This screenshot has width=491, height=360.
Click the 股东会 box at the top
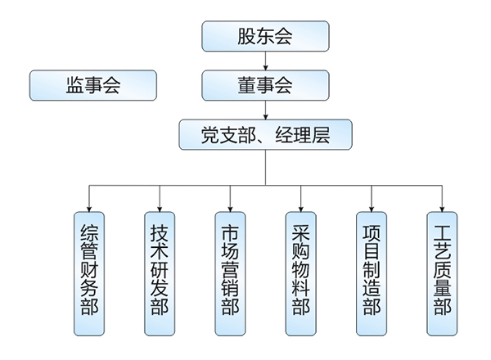pos(265,36)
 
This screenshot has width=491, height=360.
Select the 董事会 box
pos(265,85)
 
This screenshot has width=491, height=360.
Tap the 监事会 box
pos(92,85)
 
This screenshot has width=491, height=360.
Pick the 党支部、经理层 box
pos(265,134)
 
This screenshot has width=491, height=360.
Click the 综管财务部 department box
pos(89,273)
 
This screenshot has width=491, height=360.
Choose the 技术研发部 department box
pos(160,273)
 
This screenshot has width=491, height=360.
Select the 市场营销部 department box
pos(230,273)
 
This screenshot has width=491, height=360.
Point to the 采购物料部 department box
pos(300,273)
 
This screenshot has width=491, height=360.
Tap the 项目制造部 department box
pos(372,273)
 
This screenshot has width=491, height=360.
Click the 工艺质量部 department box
pos(442,273)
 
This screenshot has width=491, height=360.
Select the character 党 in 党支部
pos(210,134)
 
